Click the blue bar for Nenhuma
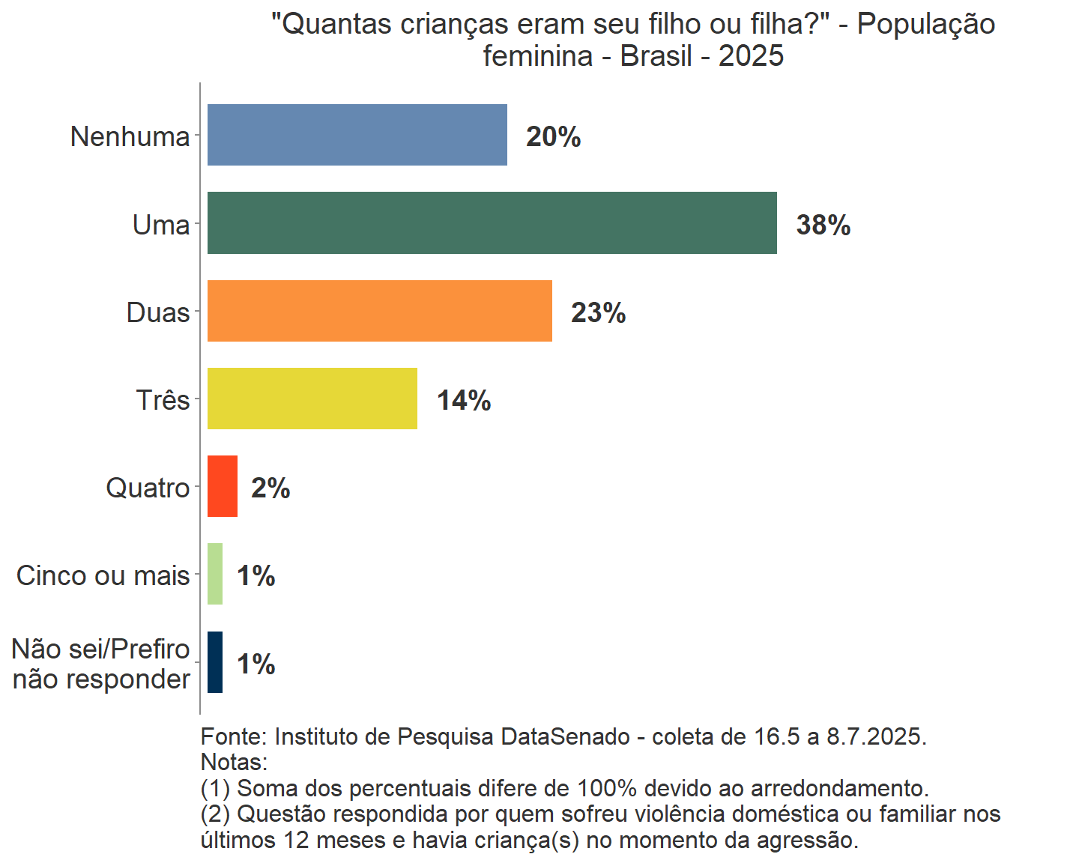[x=357, y=135]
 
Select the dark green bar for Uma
[x=492, y=223]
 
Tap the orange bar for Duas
[x=379, y=311]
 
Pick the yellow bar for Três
[x=312, y=399]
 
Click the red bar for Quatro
[x=222, y=486]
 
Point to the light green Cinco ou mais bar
[x=215, y=574]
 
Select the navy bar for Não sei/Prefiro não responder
[x=215, y=662]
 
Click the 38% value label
[x=823, y=225]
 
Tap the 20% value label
[x=553, y=137]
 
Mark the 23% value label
[x=598, y=312]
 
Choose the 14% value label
[x=464, y=401]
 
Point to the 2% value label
[x=270, y=488]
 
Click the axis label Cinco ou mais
[x=103, y=575]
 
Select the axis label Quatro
[x=148, y=488]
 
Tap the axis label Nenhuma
[x=130, y=136]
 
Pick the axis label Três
[x=163, y=400]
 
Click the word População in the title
[x=925, y=24]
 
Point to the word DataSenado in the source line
[x=565, y=736]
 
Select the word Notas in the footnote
[x=233, y=763]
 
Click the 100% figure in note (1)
[x=606, y=788]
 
